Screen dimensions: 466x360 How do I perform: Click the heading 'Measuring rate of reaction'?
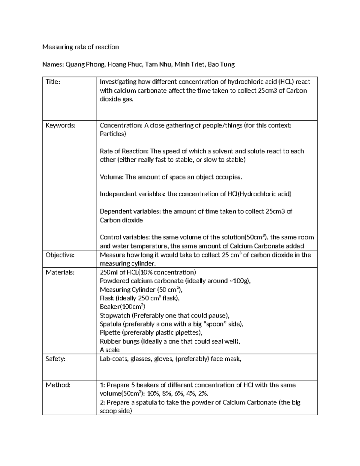(80, 47)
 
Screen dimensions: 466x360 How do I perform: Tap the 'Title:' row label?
(53, 82)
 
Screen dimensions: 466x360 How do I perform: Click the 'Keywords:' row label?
(60, 125)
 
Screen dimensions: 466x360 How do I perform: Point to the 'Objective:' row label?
(60, 255)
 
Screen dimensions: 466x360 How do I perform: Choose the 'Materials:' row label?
(60, 272)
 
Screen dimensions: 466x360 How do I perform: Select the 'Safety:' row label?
(55, 359)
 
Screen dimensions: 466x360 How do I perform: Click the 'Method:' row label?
(58, 385)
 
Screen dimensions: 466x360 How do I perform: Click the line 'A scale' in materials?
(109, 350)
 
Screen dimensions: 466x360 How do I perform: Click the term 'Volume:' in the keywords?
(111, 177)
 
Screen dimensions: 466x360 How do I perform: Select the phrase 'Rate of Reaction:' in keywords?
(124, 151)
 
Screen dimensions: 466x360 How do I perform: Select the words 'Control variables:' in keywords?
(124, 237)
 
